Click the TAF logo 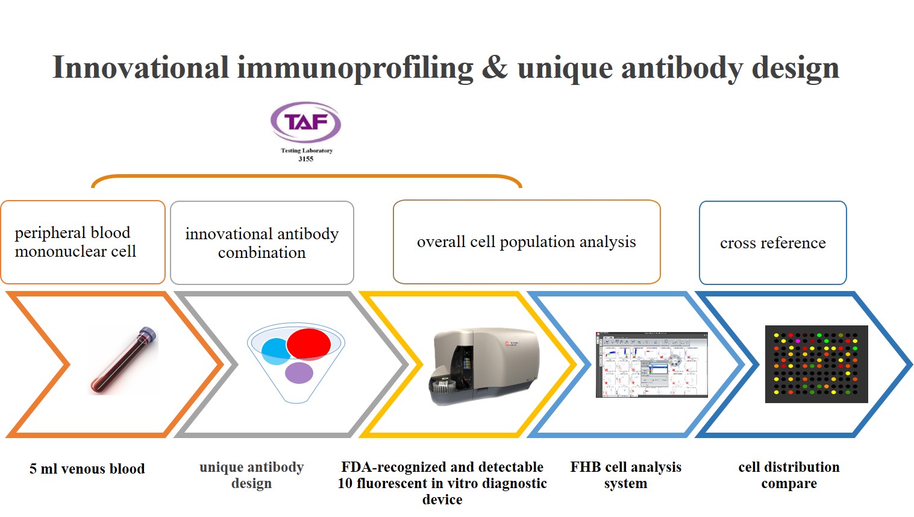pos(305,122)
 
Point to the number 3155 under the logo pos(306,159)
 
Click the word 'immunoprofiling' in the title pos(355,68)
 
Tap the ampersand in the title pos(495,68)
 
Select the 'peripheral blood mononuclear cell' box pos(83,242)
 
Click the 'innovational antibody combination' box pos(262,243)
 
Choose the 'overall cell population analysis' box pos(527,242)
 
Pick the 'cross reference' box pos(772,243)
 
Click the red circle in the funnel pos(308,344)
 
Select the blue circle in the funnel pos(275,351)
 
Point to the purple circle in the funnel pos(299,373)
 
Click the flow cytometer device pos(484,365)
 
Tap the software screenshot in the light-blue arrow pos(651,364)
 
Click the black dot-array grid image pos(816,364)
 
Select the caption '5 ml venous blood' pos(87,469)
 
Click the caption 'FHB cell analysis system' pos(625,475)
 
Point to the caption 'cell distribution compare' pos(789,475)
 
